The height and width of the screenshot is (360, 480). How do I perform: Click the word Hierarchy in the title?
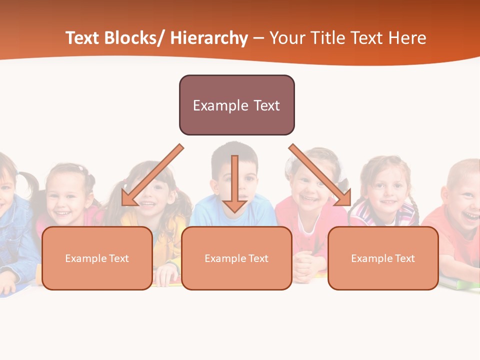209,38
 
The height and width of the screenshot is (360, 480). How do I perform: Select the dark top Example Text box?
236,105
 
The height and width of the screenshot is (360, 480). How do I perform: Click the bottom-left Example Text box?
97,258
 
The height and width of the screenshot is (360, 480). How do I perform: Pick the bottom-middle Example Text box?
236,258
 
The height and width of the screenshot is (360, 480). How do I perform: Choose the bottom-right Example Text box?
383,258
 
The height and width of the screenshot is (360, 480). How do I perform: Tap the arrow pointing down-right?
320,175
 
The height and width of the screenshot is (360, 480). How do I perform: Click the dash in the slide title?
258,38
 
